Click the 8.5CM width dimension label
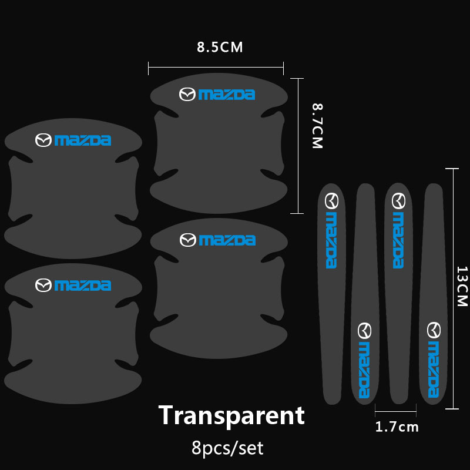[x=220, y=47]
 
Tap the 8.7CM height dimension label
[x=317, y=126]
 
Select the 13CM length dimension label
[x=462, y=286]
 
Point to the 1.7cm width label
[x=397, y=427]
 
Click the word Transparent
[x=231, y=415]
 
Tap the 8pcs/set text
[x=227, y=448]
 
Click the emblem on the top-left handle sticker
[x=43, y=140]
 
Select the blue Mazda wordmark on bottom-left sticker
[x=83, y=286]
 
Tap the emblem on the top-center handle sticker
[x=187, y=95]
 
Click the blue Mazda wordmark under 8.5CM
[x=227, y=95]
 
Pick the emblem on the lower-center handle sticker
[x=188, y=240]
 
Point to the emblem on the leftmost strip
[x=331, y=201]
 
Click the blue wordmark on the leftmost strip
[x=331, y=240]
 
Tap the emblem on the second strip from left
[x=364, y=331]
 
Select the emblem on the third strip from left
[x=399, y=201]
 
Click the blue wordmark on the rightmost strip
[x=434, y=370]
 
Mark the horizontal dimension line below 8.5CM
[x=216, y=67]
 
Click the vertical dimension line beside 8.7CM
[x=298, y=146]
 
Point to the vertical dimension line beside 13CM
[x=453, y=288]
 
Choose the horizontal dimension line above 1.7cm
[x=395, y=412]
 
